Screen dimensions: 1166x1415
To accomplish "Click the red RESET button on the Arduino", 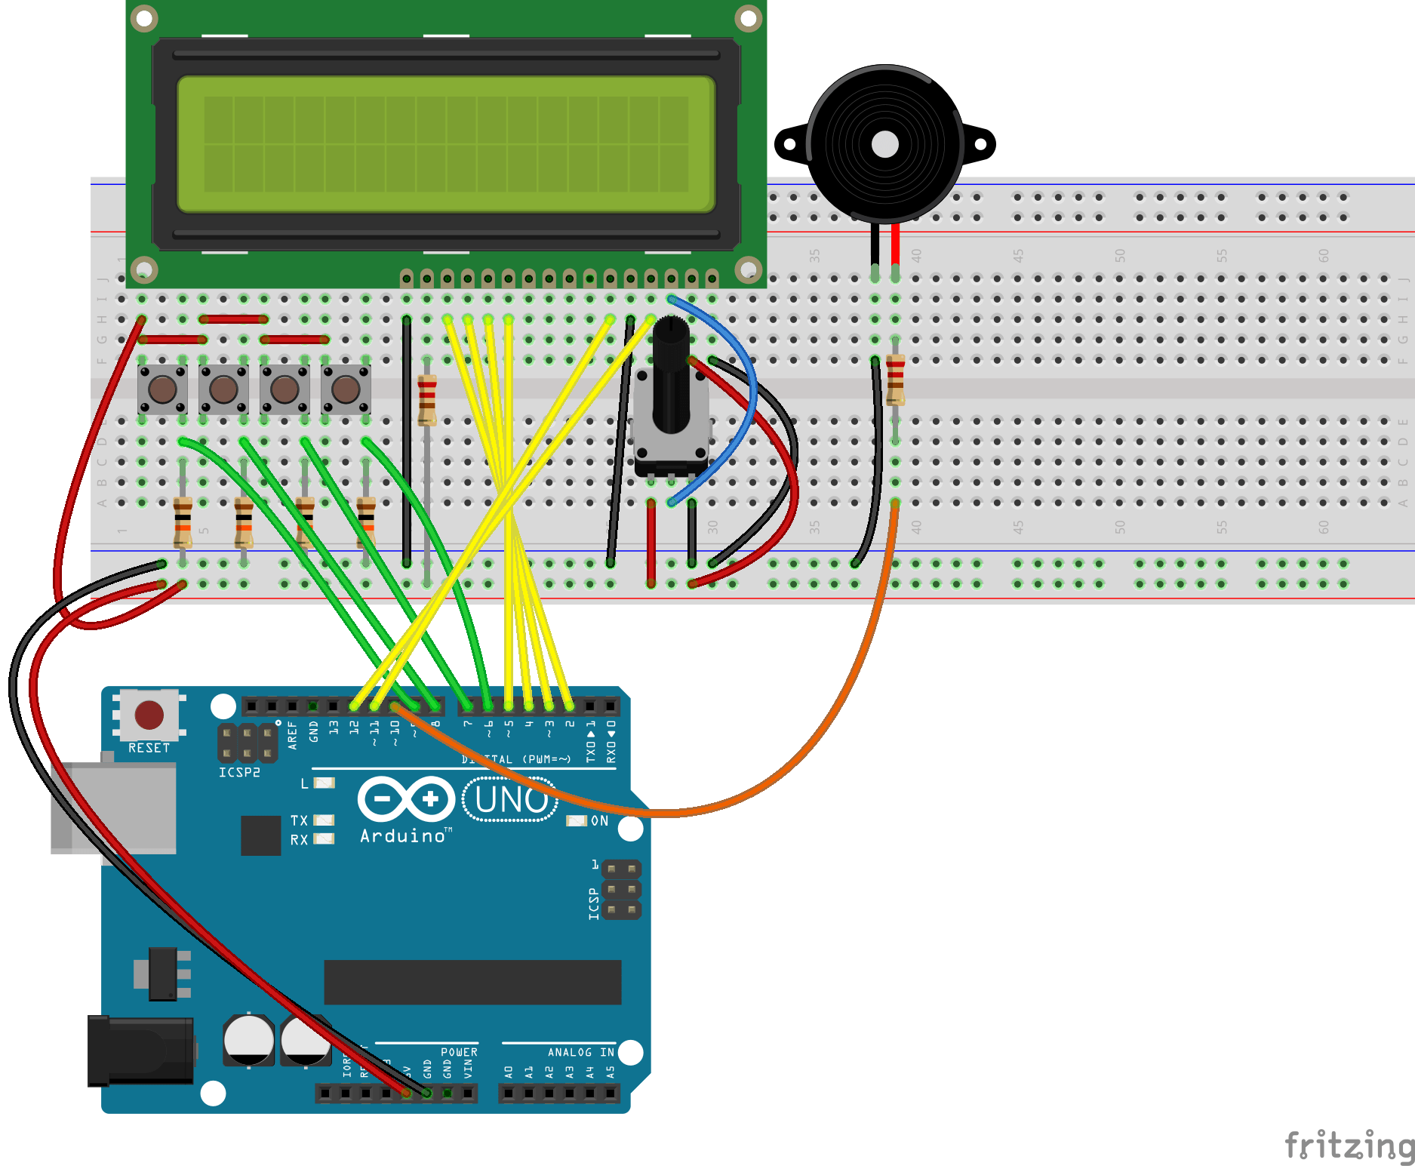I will click(149, 715).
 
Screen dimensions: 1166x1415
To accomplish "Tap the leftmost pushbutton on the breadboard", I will click(162, 389).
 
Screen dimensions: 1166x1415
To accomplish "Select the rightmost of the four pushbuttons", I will click(346, 389).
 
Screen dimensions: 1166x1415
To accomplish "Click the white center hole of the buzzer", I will click(884, 144).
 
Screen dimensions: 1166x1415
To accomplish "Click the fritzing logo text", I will click(1349, 1146).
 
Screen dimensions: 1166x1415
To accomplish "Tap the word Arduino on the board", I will click(403, 836).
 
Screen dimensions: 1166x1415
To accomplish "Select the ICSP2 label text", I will click(239, 773).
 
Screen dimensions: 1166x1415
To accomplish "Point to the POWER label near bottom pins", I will click(459, 1052).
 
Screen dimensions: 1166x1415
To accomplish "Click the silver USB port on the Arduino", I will click(113, 808).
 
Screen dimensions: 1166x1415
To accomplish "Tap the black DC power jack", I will click(140, 1051).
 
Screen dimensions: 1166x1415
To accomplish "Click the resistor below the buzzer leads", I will click(895, 380).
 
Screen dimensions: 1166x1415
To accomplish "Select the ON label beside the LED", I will click(599, 821).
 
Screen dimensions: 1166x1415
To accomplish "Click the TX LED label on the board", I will click(299, 820).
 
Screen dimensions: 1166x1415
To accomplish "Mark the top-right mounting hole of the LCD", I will click(748, 18).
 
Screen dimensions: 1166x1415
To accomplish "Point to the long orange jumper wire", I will click(830, 717).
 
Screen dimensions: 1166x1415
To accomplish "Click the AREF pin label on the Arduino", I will click(293, 734).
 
